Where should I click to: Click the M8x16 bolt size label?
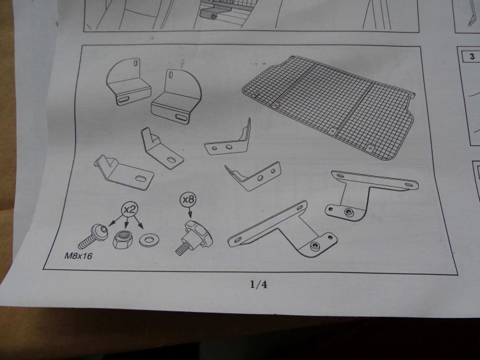pyautogui.click(x=78, y=255)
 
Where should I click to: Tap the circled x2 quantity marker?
pyautogui.click(x=130, y=209)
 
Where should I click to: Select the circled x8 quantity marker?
pyautogui.click(x=188, y=200)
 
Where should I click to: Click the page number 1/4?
pyautogui.click(x=259, y=285)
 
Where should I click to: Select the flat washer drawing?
pyautogui.click(x=149, y=240)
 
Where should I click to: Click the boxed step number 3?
pyautogui.click(x=472, y=57)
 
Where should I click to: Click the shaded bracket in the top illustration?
pyautogui.click(x=211, y=13)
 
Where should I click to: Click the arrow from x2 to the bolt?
pyautogui.click(x=116, y=221)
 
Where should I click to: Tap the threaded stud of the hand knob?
pyautogui.click(x=181, y=248)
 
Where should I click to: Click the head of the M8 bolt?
pyautogui.click(x=101, y=232)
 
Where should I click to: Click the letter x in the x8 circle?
pyautogui.click(x=185, y=200)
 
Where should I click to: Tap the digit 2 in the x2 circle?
pyautogui.click(x=133, y=209)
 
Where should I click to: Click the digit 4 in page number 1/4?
pyautogui.click(x=264, y=285)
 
